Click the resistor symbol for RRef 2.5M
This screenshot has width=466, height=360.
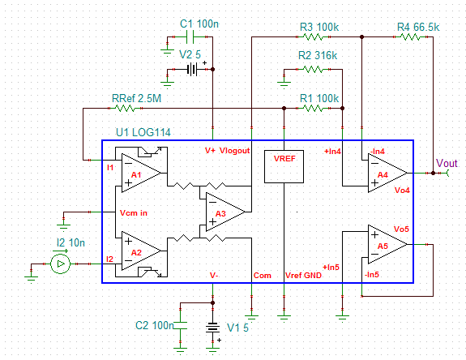click(125, 108)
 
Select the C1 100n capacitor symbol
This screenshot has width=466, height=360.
click(190, 36)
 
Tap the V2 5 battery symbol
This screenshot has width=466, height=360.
click(192, 70)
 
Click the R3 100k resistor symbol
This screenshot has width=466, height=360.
click(313, 36)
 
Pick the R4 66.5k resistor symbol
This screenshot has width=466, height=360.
click(410, 36)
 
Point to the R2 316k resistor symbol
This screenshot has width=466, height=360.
click(313, 69)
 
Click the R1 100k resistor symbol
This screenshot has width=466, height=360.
click(313, 108)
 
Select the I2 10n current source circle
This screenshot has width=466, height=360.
click(60, 264)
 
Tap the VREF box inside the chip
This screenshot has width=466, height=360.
click(284, 166)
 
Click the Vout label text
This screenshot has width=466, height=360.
click(447, 163)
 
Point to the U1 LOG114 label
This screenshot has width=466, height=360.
click(143, 132)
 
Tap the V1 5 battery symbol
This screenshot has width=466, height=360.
click(212, 328)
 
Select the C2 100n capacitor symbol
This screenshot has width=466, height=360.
click(181, 325)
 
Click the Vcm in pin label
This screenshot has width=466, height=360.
click(134, 213)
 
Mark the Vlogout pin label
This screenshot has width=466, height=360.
click(235, 151)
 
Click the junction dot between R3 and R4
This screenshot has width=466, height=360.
click(361, 36)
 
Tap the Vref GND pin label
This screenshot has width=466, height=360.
click(303, 276)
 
